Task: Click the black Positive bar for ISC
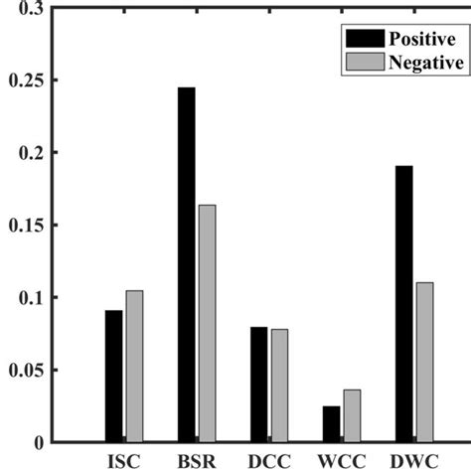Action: coord(114,376)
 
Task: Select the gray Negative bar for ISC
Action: coord(134,367)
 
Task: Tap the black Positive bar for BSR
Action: coord(187,264)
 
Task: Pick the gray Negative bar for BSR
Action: coord(207,323)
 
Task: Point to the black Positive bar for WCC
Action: coord(332,424)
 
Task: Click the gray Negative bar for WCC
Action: coord(352,416)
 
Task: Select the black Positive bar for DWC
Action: coord(404,303)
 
